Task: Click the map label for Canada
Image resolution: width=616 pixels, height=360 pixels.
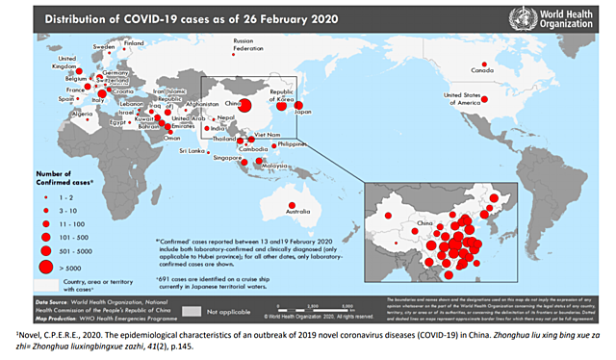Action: coord(480,70)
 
